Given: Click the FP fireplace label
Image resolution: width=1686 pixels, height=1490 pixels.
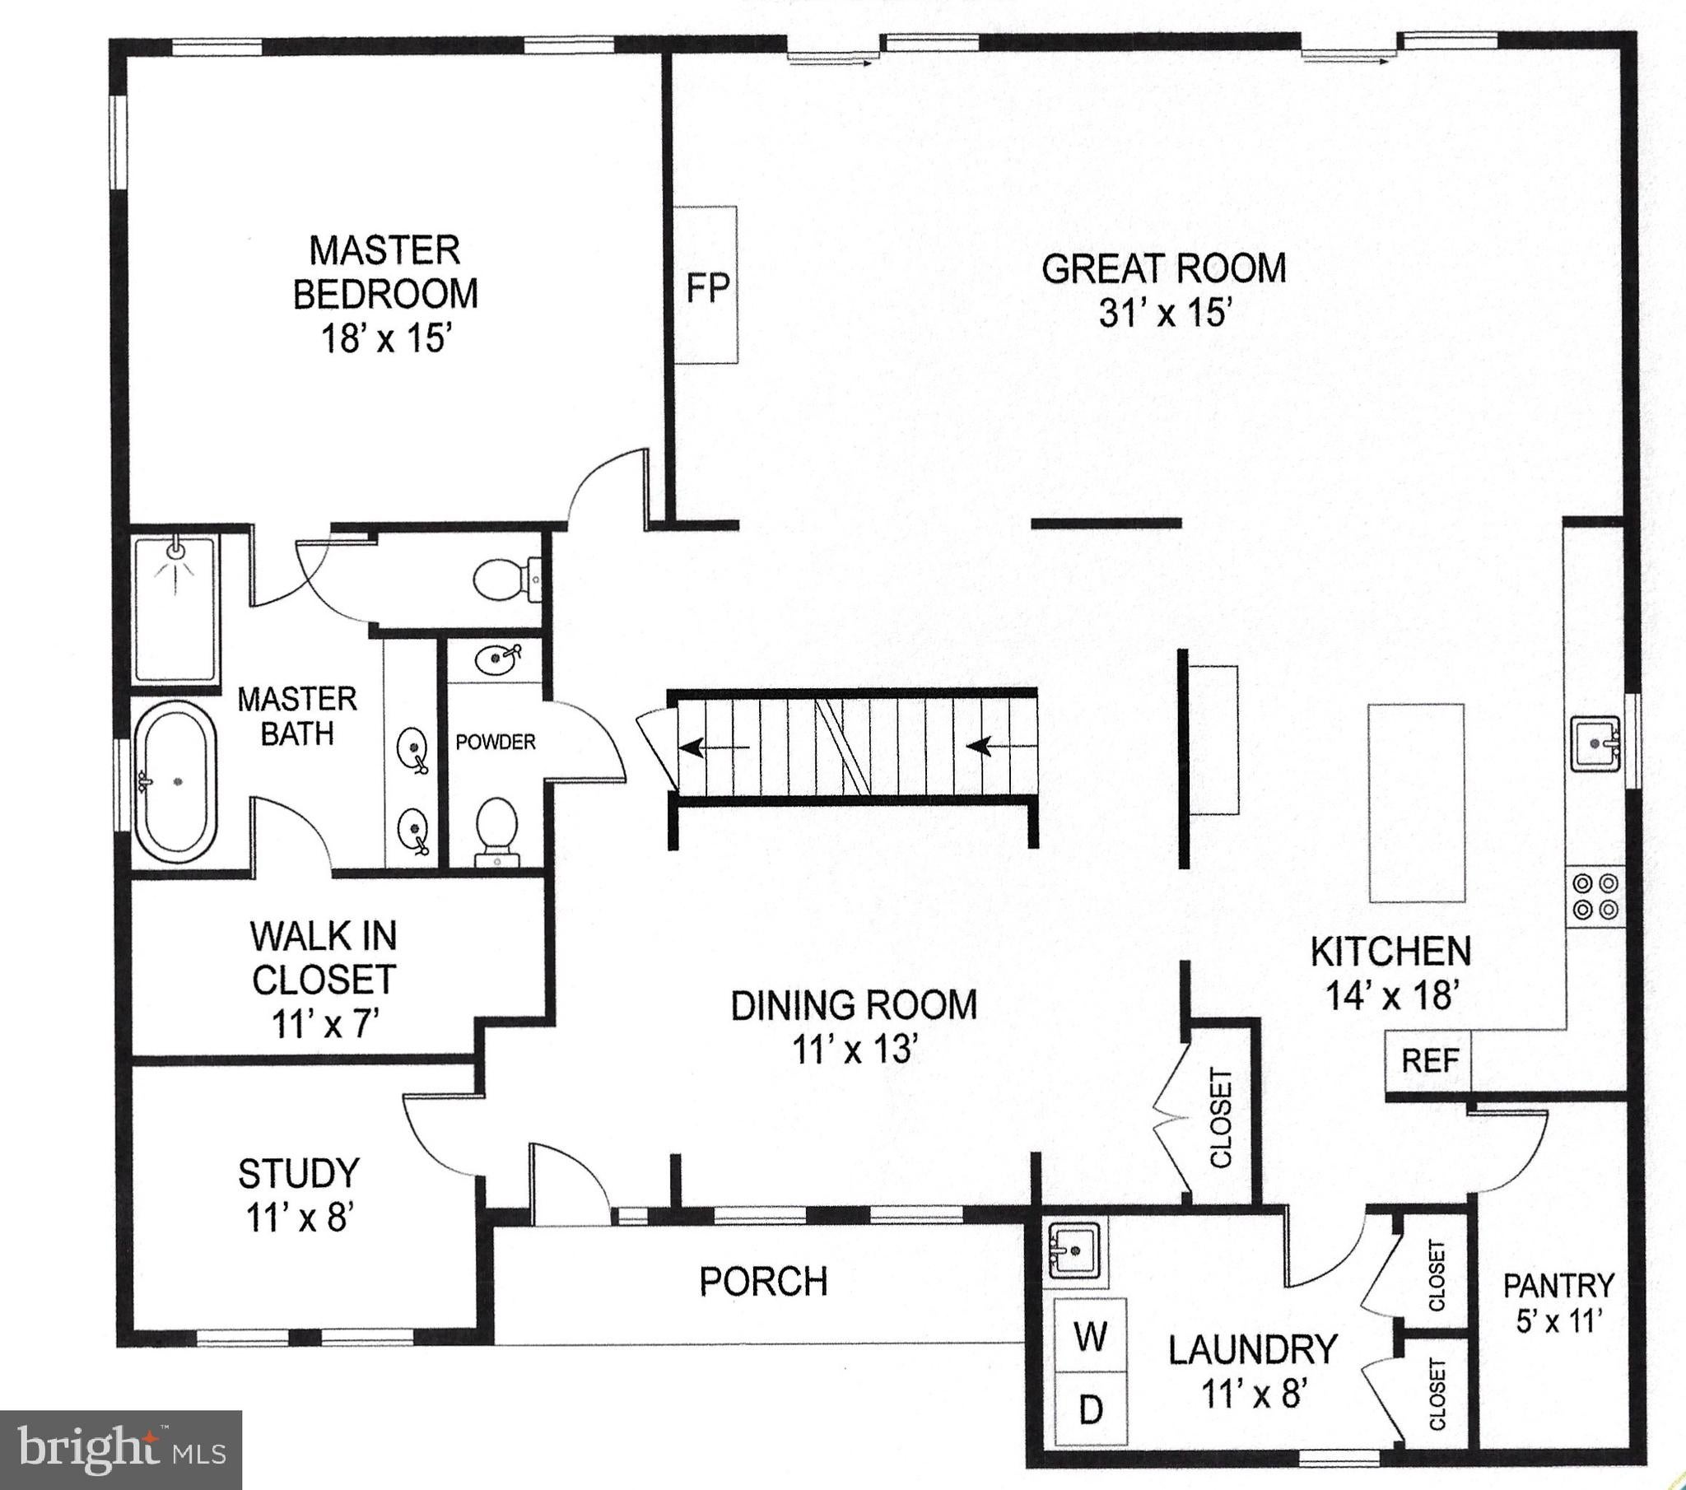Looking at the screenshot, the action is pyautogui.click(x=708, y=288).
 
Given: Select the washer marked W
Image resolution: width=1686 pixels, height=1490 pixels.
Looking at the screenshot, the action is pyautogui.click(x=1091, y=1336).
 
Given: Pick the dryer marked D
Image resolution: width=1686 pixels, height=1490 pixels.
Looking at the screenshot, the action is pyautogui.click(x=1091, y=1409).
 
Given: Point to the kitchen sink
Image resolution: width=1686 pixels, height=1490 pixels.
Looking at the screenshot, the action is pyautogui.click(x=1595, y=743).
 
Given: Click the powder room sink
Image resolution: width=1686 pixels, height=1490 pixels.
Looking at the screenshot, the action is pyautogui.click(x=497, y=658).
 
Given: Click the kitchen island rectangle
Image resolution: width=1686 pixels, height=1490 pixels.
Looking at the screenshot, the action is pyautogui.click(x=1417, y=803).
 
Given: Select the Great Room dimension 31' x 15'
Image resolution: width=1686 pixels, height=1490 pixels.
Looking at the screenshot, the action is pyautogui.click(x=1165, y=313).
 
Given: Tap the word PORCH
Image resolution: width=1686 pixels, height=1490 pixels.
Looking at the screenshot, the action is pyautogui.click(x=763, y=1281).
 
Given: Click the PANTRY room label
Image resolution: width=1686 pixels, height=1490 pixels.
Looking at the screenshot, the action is pyautogui.click(x=1558, y=1285).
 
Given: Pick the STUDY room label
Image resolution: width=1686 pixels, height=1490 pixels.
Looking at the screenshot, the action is pyautogui.click(x=299, y=1173).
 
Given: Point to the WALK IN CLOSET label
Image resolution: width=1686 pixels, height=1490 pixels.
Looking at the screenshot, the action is pyautogui.click(x=324, y=958).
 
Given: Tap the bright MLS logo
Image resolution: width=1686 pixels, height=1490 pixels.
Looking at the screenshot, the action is pyautogui.click(x=121, y=1450).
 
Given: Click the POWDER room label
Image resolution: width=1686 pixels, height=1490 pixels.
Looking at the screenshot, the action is pyautogui.click(x=496, y=742).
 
